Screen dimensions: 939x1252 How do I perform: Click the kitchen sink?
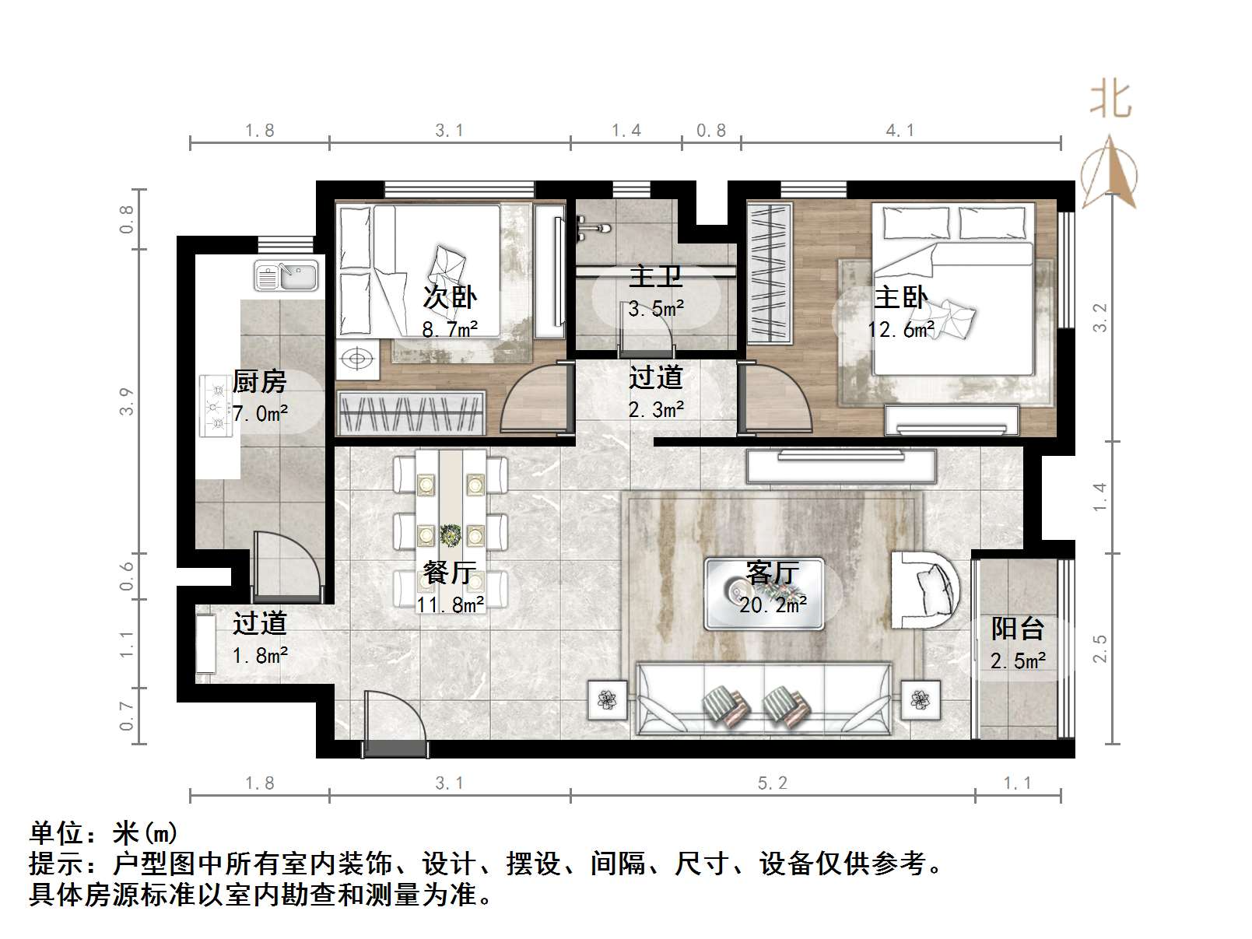[286, 276]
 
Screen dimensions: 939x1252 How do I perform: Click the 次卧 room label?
[449, 297]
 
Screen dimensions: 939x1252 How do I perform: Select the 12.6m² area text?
[901, 330]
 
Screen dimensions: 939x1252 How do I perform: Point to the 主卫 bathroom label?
[655, 277]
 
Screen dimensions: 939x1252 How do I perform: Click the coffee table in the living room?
[763, 594]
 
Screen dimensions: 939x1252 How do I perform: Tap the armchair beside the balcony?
[926, 589]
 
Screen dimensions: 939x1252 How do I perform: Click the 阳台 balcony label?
[1017, 629]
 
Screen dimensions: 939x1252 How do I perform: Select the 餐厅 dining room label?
[449, 573]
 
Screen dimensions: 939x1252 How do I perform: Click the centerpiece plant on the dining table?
[449, 534]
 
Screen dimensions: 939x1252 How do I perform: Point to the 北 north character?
[1110, 101]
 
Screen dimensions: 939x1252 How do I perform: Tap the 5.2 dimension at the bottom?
[772, 783]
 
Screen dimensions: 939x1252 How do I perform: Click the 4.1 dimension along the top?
[900, 131]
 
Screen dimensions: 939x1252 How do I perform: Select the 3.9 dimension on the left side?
[127, 401]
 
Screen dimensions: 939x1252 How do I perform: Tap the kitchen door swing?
[286, 566]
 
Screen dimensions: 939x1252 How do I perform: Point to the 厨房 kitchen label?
[259, 382]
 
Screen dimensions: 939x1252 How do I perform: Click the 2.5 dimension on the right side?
[1099, 648]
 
